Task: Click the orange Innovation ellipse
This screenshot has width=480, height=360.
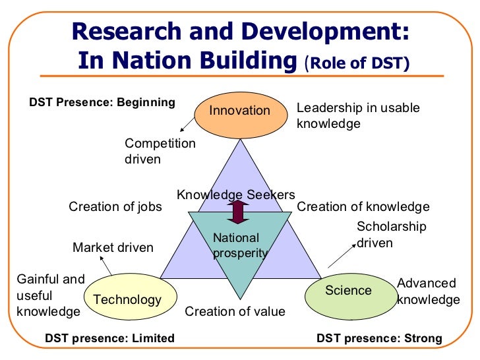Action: point(240,110)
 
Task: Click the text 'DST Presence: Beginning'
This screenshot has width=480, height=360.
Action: point(102,102)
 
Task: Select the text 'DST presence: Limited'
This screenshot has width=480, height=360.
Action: point(109,338)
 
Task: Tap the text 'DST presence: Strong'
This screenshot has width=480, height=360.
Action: point(379,338)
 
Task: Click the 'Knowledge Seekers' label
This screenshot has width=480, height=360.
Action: point(235,195)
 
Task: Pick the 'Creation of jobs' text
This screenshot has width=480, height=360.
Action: point(115,206)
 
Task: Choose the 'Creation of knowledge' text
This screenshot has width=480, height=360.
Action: point(363,206)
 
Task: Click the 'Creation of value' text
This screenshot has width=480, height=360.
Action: point(235,311)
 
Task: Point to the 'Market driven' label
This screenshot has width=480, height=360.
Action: point(113,248)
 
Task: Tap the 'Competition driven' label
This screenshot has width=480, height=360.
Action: point(160,151)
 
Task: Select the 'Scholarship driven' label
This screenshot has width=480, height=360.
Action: point(391,235)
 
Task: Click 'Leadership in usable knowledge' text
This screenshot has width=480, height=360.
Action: point(358,115)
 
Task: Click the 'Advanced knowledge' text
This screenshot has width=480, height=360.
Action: point(428,291)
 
